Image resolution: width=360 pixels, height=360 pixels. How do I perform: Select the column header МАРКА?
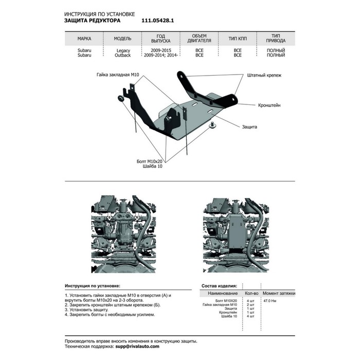point(84,38)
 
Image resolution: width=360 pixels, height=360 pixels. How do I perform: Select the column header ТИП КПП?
point(237,38)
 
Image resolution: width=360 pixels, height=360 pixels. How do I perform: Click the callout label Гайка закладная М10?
point(118,75)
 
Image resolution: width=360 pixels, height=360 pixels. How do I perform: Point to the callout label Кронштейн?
point(269,104)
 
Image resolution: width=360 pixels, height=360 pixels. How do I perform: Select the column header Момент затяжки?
point(279,292)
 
